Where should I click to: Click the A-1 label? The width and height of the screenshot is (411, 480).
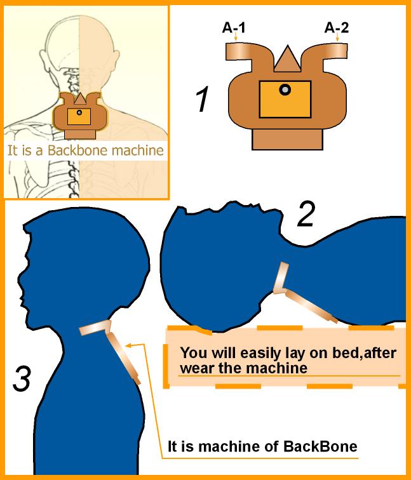coord(234,28)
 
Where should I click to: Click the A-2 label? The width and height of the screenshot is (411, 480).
coord(337,28)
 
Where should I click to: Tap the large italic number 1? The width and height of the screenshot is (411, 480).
coord(203,99)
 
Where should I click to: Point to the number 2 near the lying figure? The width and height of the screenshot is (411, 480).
coord(306,214)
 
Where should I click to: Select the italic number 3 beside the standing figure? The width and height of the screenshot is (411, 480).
coord(22,379)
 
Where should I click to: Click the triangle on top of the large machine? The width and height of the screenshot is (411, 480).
coord(287,58)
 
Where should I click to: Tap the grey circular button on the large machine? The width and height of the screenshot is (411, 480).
coord(285,90)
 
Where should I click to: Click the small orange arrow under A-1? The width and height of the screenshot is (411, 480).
coord(235,37)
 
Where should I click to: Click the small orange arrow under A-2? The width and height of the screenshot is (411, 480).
coord(337,37)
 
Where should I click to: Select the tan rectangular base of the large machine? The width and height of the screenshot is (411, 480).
coord(287,139)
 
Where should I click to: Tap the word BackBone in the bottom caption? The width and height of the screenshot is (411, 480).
coord(320,446)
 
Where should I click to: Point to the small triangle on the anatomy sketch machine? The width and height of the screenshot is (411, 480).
coord(80,98)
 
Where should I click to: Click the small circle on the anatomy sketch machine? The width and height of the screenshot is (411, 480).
coord(79,112)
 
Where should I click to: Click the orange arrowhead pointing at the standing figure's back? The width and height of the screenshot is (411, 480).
coord(128,345)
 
